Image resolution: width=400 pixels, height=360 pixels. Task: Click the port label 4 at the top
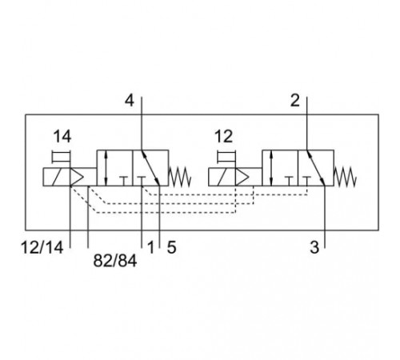[130, 101]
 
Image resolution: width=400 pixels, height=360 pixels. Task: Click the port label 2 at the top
[295, 101]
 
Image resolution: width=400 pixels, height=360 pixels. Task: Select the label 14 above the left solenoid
[62, 137]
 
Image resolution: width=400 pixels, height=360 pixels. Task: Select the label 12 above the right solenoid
[224, 137]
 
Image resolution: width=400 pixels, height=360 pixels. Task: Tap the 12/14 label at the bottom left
[42, 247]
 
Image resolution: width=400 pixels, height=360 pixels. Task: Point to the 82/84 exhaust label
[115, 261]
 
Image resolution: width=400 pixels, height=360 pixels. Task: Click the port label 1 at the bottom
[151, 247]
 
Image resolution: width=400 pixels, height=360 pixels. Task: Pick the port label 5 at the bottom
[171, 247]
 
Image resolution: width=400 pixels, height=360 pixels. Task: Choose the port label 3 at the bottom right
[314, 247]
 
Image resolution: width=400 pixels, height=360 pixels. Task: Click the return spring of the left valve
[180, 177]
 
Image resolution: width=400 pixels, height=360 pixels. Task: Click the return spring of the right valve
[346, 177]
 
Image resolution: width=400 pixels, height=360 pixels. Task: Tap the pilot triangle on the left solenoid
[77, 177]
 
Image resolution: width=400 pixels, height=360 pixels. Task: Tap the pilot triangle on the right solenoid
[242, 177]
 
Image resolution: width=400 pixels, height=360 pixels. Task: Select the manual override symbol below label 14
[62, 157]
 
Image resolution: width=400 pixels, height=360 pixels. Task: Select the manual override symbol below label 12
[227, 157]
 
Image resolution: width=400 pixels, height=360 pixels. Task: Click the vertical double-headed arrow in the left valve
[106, 168]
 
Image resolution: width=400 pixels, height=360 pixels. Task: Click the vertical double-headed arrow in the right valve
[271, 168]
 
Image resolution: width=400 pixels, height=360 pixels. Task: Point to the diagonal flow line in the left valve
[150, 168]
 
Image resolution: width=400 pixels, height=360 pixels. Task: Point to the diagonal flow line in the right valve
[316, 168]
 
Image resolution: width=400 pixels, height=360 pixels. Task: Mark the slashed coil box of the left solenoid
[57, 177]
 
